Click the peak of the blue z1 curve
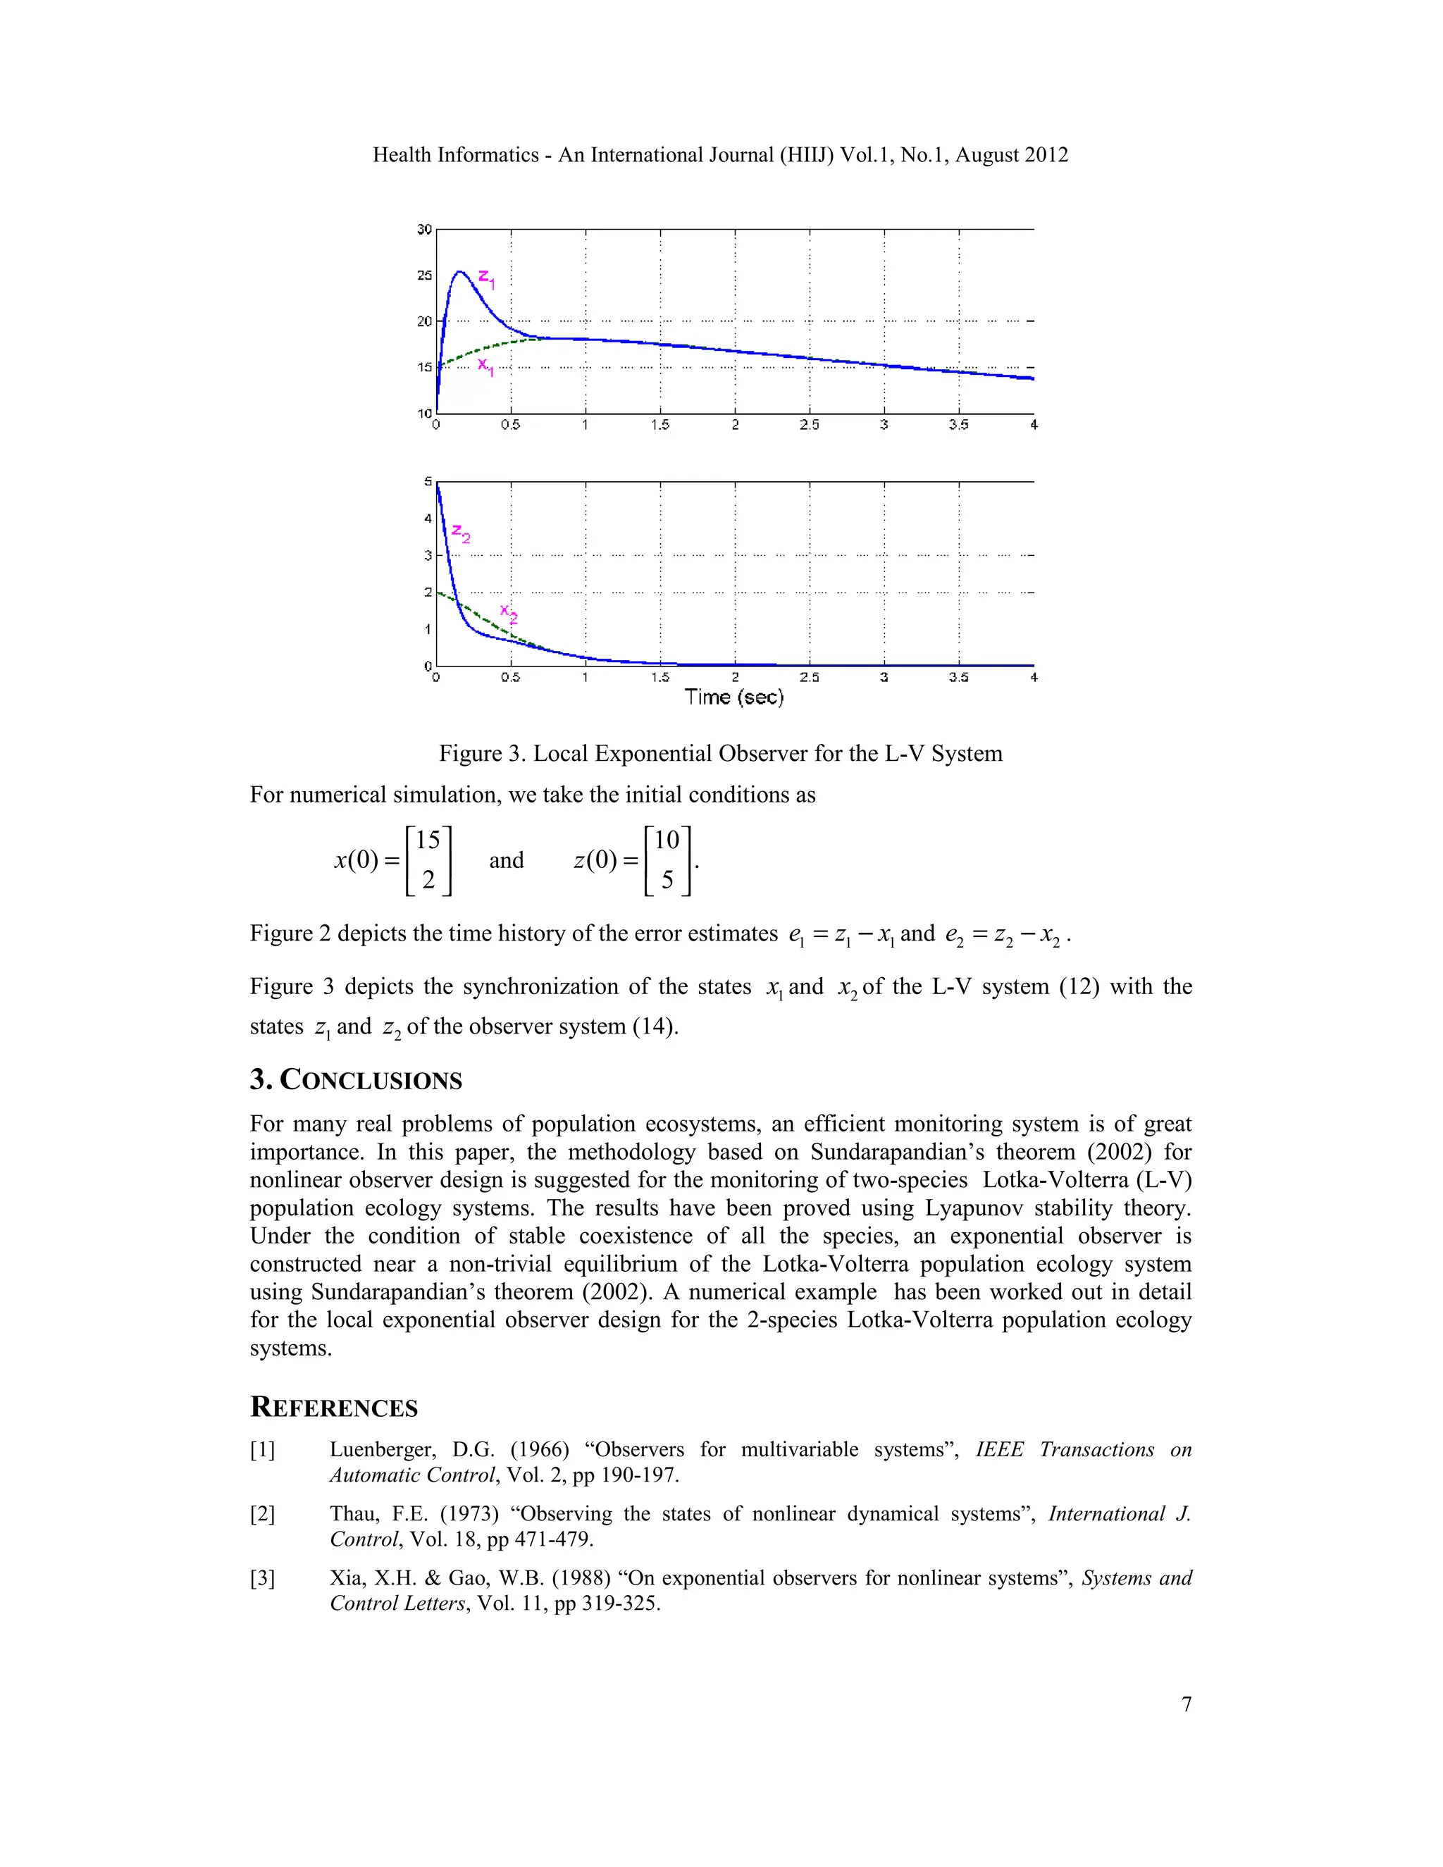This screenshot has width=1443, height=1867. pyautogui.click(x=459, y=272)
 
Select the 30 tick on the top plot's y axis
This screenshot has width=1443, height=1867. pyautogui.click(x=424, y=229)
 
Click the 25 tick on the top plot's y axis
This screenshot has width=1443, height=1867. pyautogui.click(x=424, y=275)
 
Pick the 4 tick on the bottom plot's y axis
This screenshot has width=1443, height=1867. pyautogui.click(x=428, y=518)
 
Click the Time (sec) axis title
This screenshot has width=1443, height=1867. pyautogui.click(x=733, y=697)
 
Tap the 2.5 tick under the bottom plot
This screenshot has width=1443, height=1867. pyautogui.click(x=809, y=677)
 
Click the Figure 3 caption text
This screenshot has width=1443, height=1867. pyautogui.click(x=720, y=753)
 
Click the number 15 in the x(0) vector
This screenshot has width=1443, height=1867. pyautogui.click(x=428, y=841)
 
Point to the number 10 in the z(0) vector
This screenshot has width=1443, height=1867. pyautogui.click(x=666, y=841)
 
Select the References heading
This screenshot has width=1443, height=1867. pyautogui.click(x=333, y=1407)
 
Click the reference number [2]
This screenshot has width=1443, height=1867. pyautogui.click(x=262, y=1514)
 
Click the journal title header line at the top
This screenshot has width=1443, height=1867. pyautogui.click(x=720, y=155)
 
